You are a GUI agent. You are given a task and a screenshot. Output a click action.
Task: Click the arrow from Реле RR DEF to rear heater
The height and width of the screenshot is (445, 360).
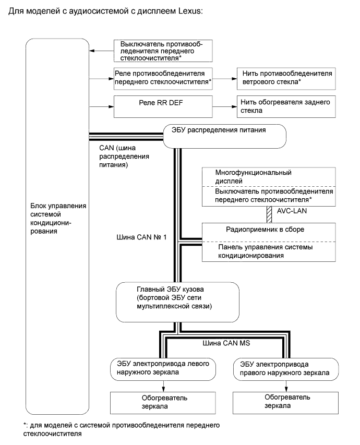pyautogui.click(x=225, y=106)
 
